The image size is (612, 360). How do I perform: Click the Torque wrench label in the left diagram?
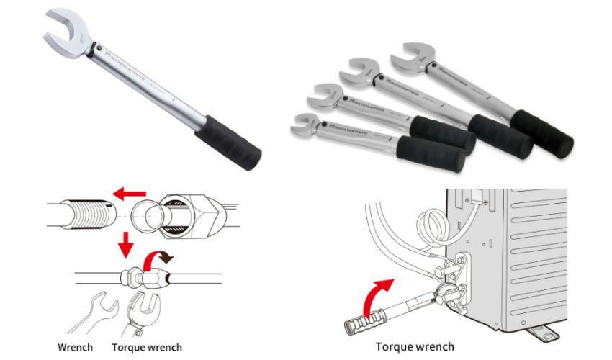click(147, 348)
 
